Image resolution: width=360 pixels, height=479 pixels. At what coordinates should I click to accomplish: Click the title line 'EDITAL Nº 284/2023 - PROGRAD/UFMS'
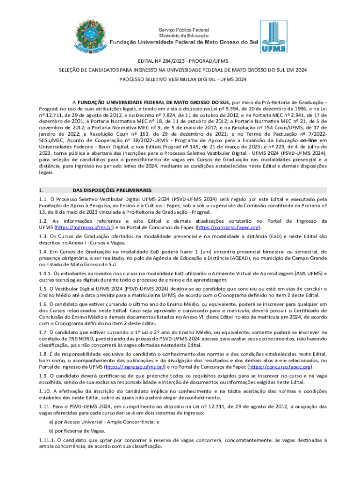180,61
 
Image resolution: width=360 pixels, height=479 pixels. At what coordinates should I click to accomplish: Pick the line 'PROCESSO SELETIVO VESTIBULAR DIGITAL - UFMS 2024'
180,80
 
